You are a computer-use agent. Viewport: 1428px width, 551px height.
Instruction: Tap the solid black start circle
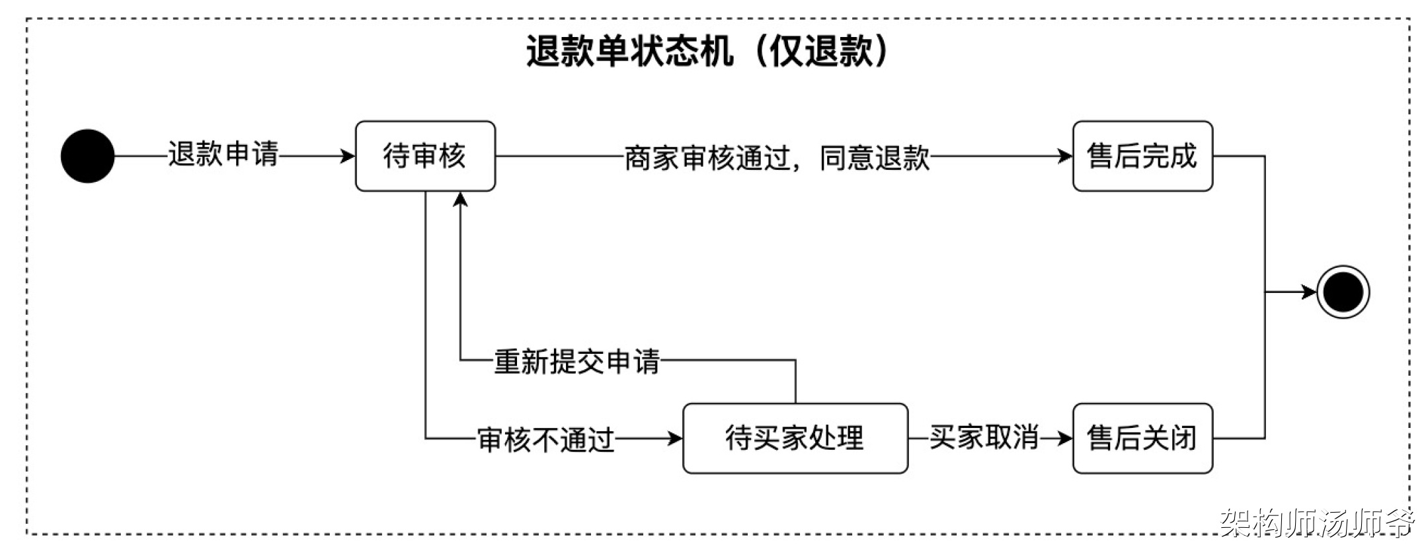pyautogui.click(x=87, y=156)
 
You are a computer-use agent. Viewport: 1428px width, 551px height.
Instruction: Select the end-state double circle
pyautogui.click(x=1343, y=292)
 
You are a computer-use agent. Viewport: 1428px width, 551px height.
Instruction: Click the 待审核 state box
pyautogui.click(x=425, y=156)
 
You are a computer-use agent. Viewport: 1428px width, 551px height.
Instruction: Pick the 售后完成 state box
pyautogui.click(x=1142, y=156)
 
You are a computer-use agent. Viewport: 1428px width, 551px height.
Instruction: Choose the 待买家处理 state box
pyautogui.click(x=795, y=438)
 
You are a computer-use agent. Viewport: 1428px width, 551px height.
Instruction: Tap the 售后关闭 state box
pyautogui.click(x=1142, y=438)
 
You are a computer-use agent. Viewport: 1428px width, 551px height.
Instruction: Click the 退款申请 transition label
pyautogui.click(x=223, y=155)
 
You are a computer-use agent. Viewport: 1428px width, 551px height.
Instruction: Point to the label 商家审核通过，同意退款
pyautogui.click(x=777, y=158)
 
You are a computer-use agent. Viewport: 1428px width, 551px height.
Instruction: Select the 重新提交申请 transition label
pyautogui.click(x=576, y=362)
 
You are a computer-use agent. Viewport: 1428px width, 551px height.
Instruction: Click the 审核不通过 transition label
pyautogui.click(x=546, y=440)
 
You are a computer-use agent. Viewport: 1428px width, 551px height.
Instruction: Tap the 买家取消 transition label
pyautogui.click(x=983, y=437)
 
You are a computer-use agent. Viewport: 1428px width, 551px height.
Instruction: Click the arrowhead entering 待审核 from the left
pyautogui.click(x=348, y=156)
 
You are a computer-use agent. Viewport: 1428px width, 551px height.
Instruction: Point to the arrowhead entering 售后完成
pyautogui.click(x=1065, y=156)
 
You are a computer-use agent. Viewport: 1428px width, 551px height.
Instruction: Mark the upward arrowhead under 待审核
pyautogui.click(x=461, y=198)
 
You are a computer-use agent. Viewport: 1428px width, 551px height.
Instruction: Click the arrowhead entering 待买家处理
pyautogui.click(x=675, y=438)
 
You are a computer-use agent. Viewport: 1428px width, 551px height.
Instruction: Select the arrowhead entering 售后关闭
pyautogui.click(x=1065, y=438)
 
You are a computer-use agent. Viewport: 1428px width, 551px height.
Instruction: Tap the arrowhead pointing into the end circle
pyautogui.click(x=1308, y=292)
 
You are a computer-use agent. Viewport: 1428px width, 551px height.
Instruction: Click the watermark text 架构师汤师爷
pyautogui.click(x=1316, y=523)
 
